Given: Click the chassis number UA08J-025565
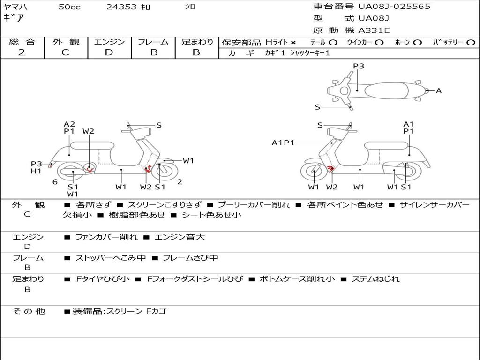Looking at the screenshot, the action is (x=394, y=7).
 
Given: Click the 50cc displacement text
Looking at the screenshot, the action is (x=69, y=7).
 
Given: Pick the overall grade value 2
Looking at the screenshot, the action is (x=22, y=52).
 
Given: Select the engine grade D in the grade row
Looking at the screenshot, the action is (x=109, y=52).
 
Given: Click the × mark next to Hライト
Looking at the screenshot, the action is (x=293, y=43).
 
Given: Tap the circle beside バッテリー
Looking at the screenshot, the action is (x=471, y=43).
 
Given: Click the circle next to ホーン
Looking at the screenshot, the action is (x=417, y=43).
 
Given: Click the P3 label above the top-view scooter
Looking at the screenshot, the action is (x=359, y=66).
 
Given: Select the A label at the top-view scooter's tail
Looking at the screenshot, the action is (x=439, y=91).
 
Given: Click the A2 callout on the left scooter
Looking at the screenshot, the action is (x=69, y=124).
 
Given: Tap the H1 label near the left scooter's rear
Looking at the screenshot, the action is (x=36, y=171).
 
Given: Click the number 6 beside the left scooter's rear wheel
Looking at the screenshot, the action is (x=55, y=182).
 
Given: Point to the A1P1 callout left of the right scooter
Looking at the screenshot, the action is (x=283, y=142).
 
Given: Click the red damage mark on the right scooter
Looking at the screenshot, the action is (x=330, y=168).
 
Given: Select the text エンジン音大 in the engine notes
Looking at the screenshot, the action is (x=180, y=237).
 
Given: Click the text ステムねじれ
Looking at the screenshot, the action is (x=375, y=279).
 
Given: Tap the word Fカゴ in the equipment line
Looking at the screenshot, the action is (x=156, y=311).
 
